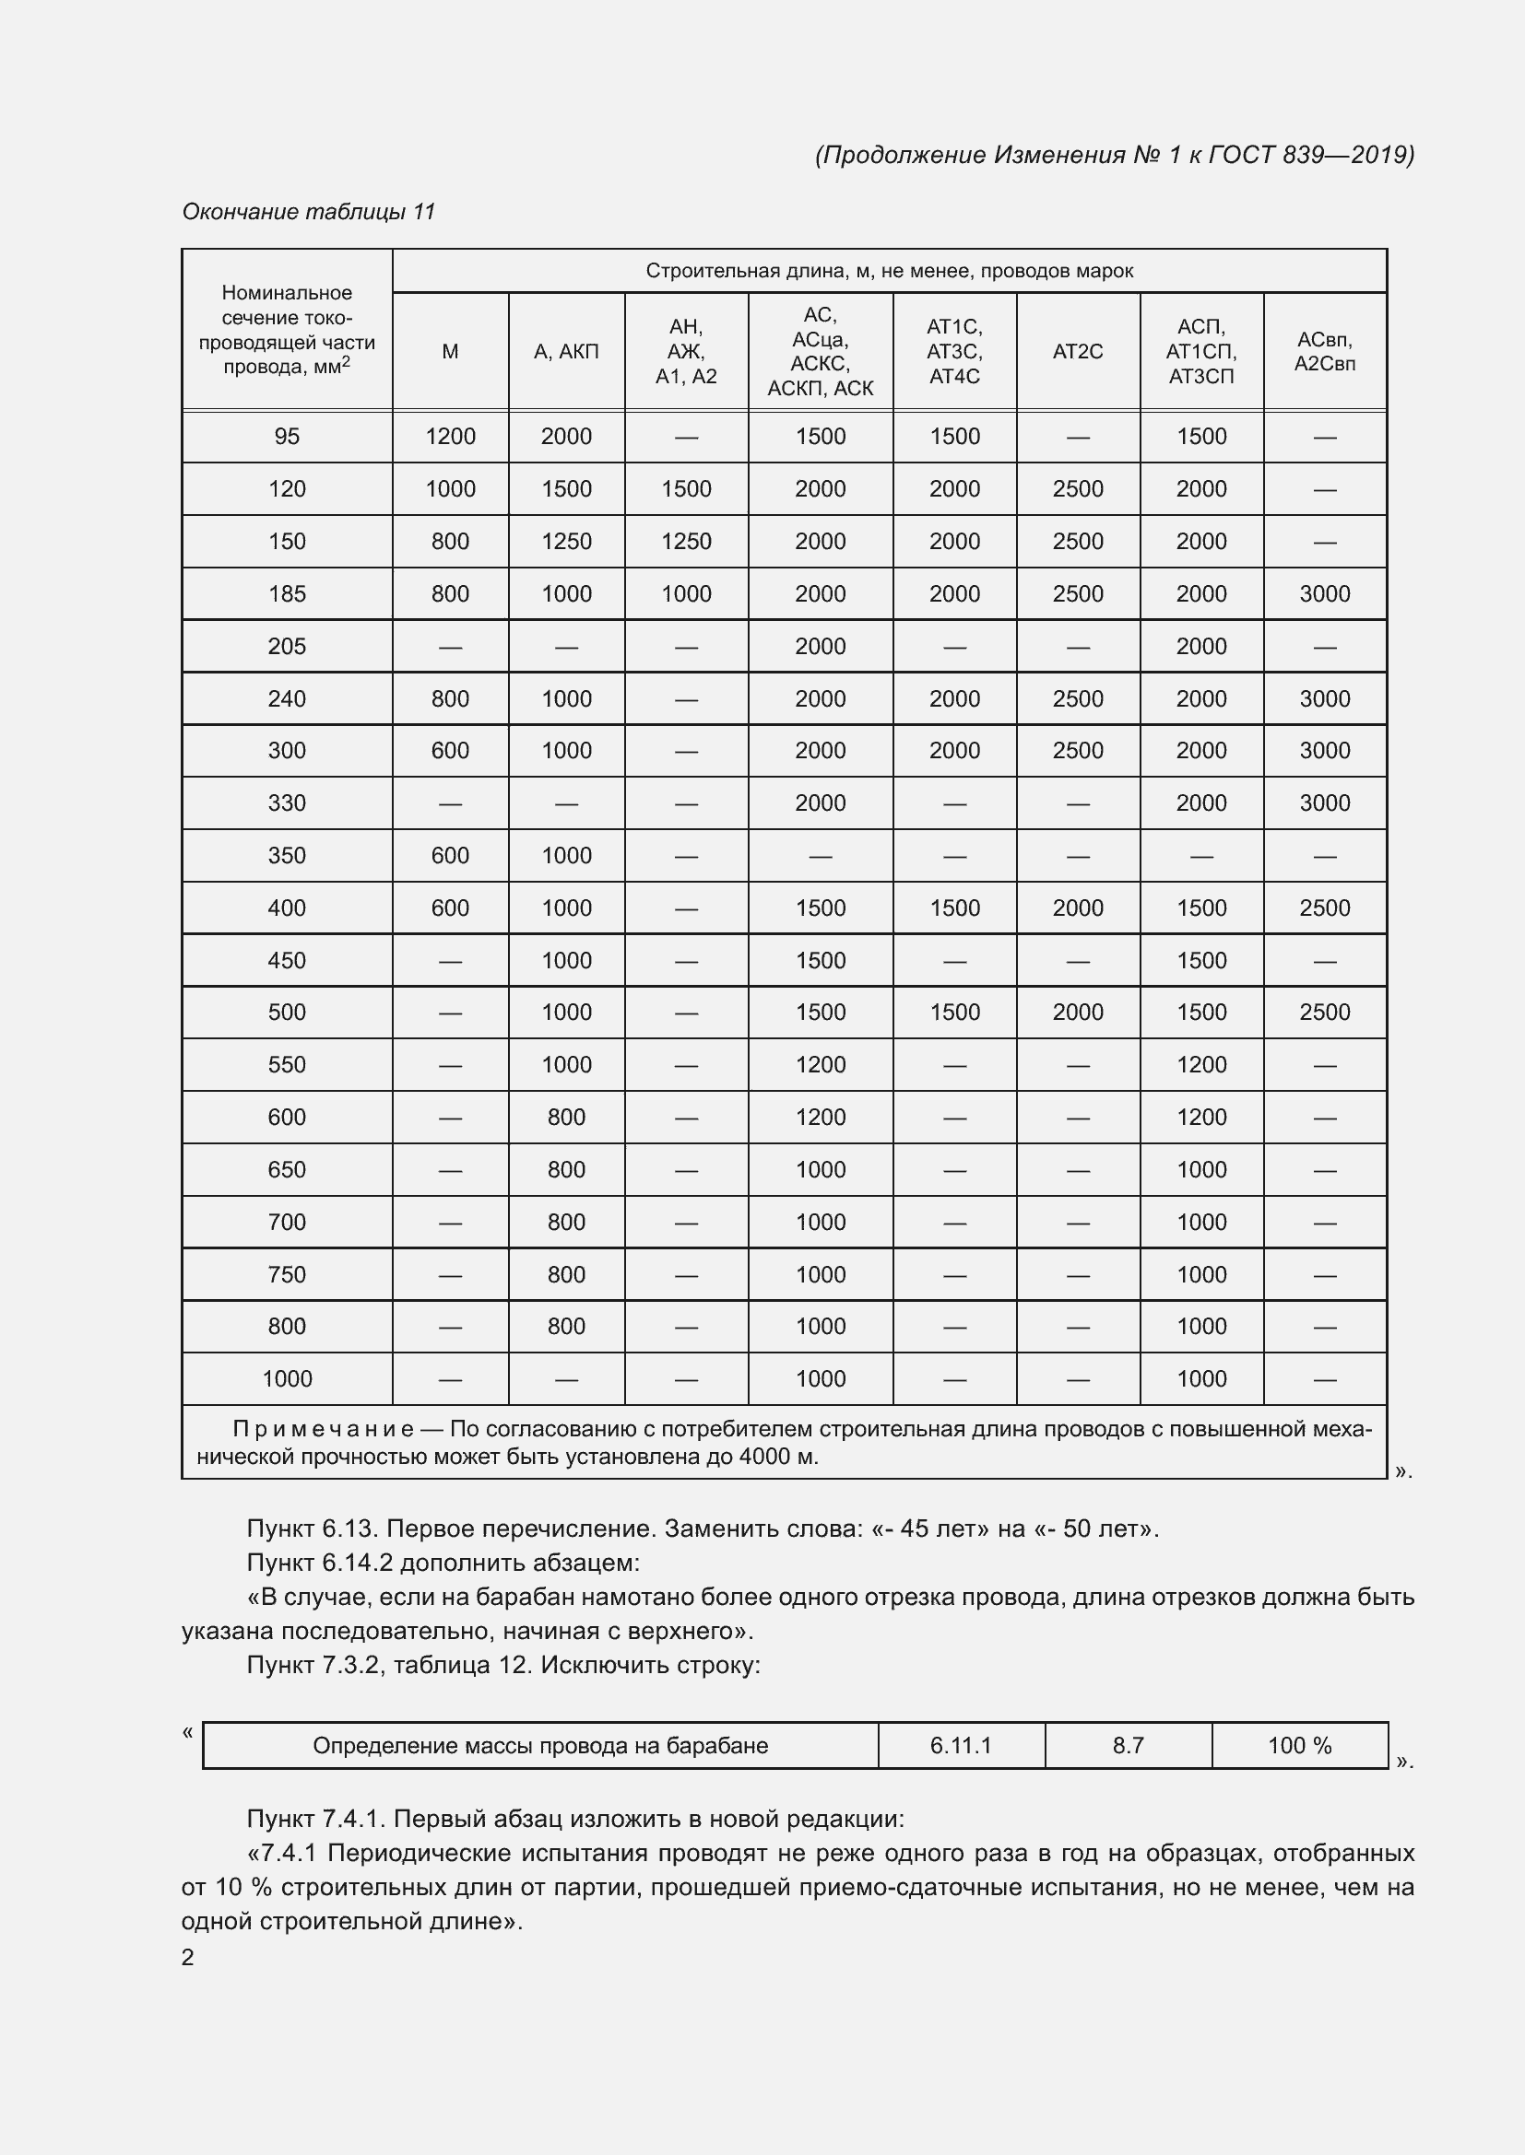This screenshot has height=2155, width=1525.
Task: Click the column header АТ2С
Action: [1077, 351]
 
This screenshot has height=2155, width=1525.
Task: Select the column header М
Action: [450, 351]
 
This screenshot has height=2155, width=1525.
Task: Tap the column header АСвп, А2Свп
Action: [1324, 351]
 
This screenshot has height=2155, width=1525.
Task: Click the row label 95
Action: [287, 436]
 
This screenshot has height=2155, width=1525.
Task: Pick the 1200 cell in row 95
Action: [450, 436]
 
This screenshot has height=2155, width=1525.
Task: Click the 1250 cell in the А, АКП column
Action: [566, 541]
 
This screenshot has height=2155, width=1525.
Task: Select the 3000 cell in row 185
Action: [1324, 593]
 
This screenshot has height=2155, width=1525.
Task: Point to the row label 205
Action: [287, 646]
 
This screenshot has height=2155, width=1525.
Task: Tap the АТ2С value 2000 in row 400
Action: [1077, 908]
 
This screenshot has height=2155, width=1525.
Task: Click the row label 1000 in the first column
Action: [287, 1379]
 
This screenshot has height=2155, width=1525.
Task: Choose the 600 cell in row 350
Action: [450, 855]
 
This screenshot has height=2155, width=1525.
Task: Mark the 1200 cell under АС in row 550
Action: [820, 1064]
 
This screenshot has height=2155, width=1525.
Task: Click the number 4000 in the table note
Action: [765, 1457]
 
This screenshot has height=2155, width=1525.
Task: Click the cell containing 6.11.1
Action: [961, 1746]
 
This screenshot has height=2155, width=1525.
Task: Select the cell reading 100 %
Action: [1300, 1746]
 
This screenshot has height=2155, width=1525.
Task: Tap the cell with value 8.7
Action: [1128, 1746]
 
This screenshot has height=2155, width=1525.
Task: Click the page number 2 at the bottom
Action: [188, 1957]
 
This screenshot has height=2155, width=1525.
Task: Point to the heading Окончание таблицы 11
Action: [308, 211]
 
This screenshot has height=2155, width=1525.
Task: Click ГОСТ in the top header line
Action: [1240, 154]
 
